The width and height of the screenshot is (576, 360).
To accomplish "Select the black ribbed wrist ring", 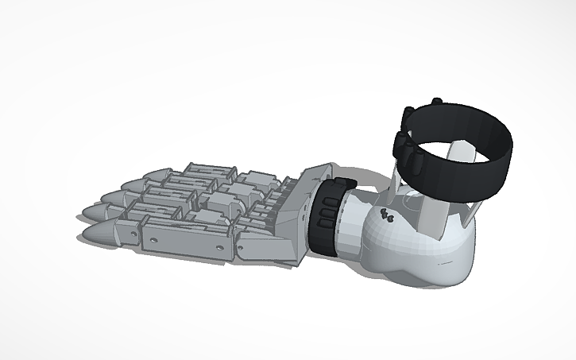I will pos(326,215).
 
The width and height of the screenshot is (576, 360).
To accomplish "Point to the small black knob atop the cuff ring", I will pos(436,100).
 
